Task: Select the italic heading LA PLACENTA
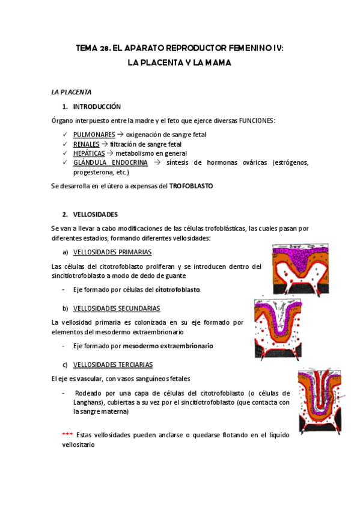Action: tap(72, 92)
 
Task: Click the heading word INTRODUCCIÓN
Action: tap(97, 106)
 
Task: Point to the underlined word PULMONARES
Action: tap(94, 135)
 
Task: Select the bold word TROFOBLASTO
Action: tap(191, 186)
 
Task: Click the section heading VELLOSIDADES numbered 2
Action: tap(95, 214)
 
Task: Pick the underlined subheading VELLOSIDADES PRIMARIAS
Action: tap(112, 252)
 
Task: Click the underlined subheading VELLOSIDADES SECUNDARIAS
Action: tap(117, 308)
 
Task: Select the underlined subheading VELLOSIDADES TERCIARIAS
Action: tap(112, 364)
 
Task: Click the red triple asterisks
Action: tap(67, 435)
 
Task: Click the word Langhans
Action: tap(88, 403)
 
